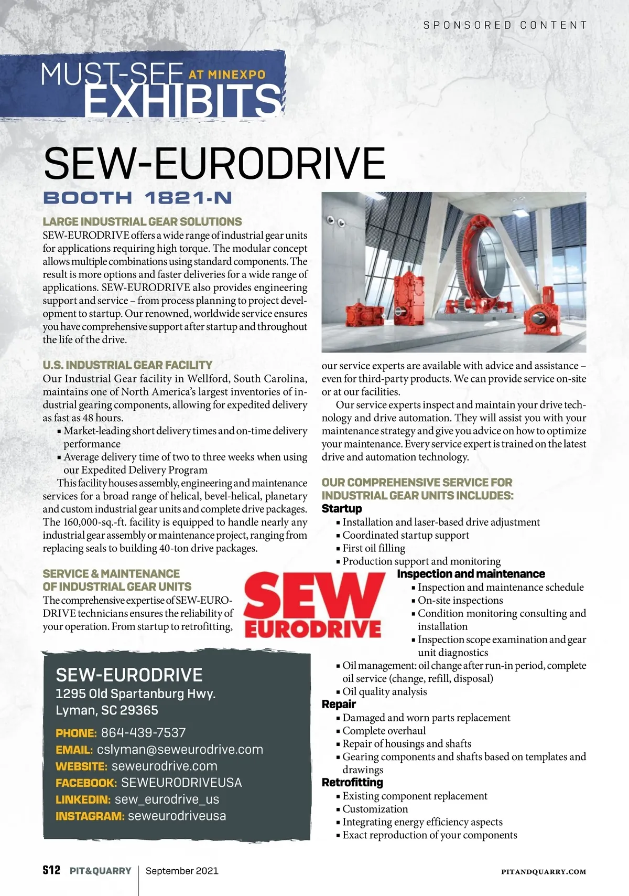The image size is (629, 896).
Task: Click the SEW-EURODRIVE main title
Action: click(214, 163)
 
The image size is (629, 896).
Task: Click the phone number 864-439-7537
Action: click(143, 733)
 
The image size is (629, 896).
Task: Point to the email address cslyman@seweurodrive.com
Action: click(180, 750)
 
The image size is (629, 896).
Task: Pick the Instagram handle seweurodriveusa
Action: click(177, 816)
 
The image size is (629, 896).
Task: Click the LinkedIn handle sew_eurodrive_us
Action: click(167, 799)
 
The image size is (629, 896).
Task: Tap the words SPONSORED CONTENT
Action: click(505, 25)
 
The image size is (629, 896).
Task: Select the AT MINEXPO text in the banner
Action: click(227, 75)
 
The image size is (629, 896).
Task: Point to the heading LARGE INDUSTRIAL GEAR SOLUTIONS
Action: click(142, 222)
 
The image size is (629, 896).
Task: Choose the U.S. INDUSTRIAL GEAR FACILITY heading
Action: click(127, 365)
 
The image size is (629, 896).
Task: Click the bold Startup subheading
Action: click(342, 509)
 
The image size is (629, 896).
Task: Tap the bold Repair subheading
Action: click(339, 705)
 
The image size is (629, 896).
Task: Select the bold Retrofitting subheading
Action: click(352, 783)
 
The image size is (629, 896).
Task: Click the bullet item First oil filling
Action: click(374, 548)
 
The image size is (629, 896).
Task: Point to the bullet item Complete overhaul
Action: click(384, 731)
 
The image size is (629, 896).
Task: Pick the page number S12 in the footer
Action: click(51, 870)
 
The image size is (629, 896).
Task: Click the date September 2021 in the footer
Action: click(182, 871)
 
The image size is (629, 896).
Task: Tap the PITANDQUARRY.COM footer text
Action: click(544, 872)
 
